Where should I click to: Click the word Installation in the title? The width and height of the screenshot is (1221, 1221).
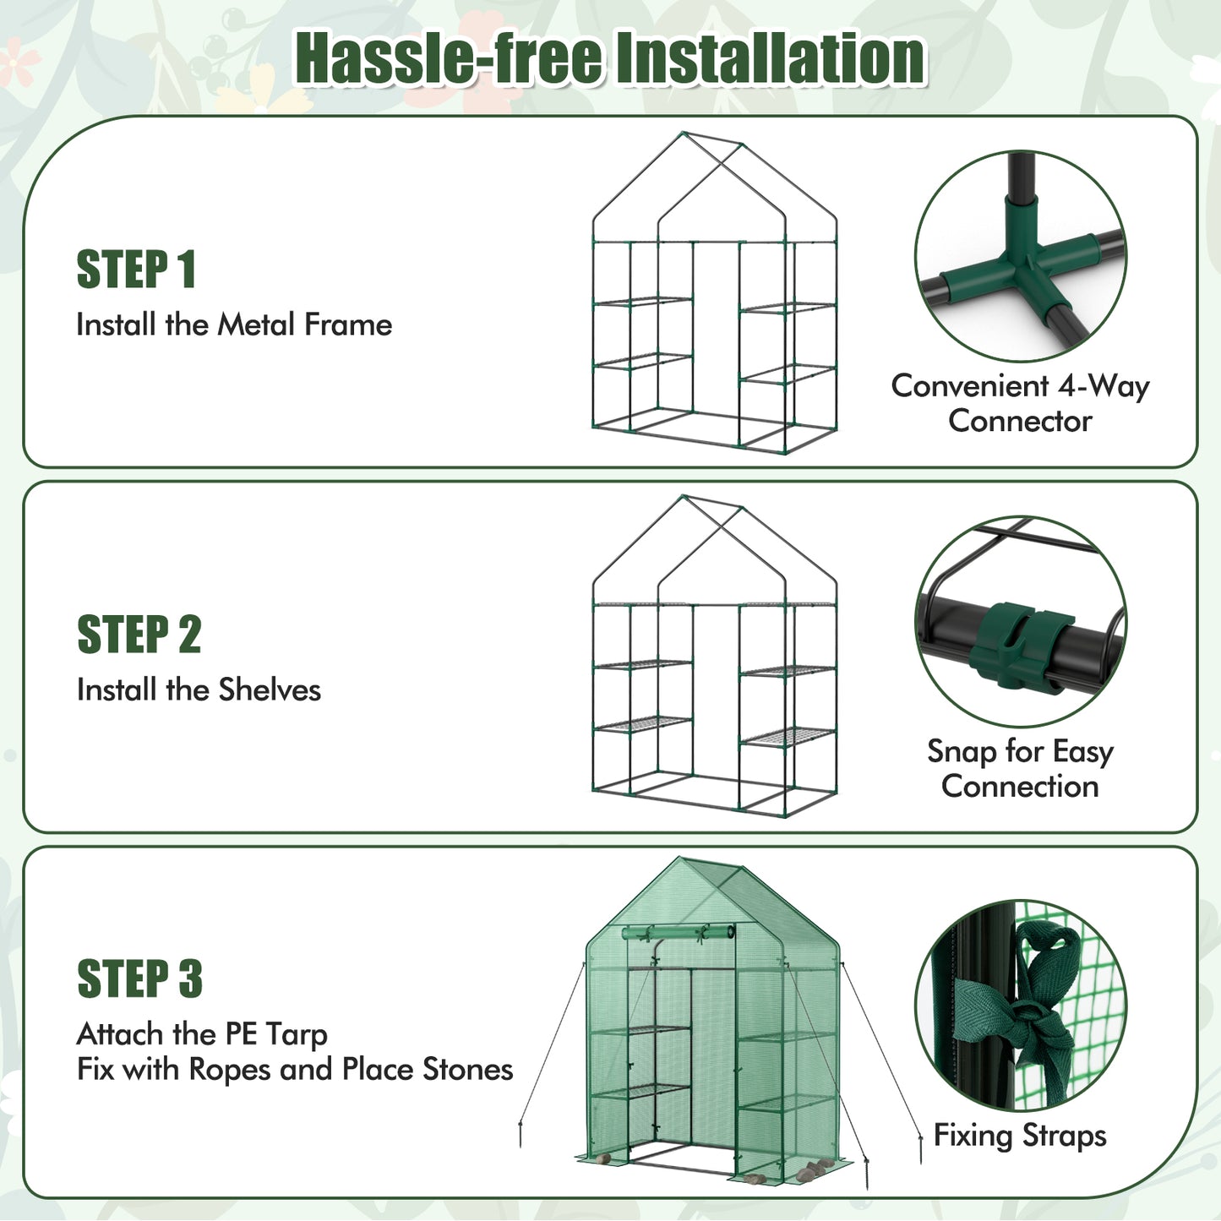(x=770, y=58)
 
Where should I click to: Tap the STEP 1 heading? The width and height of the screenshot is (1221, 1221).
(x=136, y=270)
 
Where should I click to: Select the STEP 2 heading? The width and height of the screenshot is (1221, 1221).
(x=139, y=635)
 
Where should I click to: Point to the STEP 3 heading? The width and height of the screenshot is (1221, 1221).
(x=139, y=979)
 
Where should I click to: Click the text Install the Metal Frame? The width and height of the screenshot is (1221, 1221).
(x=234, y=325)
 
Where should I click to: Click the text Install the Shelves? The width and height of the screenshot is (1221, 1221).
(x=199, y=690)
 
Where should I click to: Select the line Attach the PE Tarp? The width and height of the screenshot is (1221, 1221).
(x=202, y=1034)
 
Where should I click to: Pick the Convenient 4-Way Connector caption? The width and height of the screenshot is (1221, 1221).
(x=1020, y=403)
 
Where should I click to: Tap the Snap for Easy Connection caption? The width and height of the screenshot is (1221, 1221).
(x=1020, y=768)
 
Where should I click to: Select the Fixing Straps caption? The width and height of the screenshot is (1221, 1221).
(x=1020, y=1135)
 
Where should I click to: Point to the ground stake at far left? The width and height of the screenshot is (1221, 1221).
(x=521, y=1132)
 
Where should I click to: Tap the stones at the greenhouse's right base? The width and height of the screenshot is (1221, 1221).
(x=813, y=1169)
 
